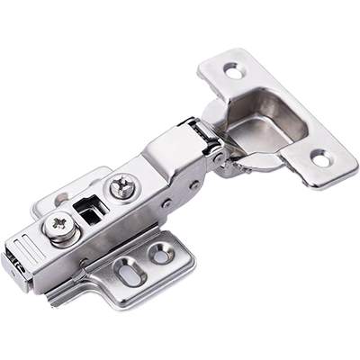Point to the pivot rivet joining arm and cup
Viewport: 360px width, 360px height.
click(220, 159)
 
